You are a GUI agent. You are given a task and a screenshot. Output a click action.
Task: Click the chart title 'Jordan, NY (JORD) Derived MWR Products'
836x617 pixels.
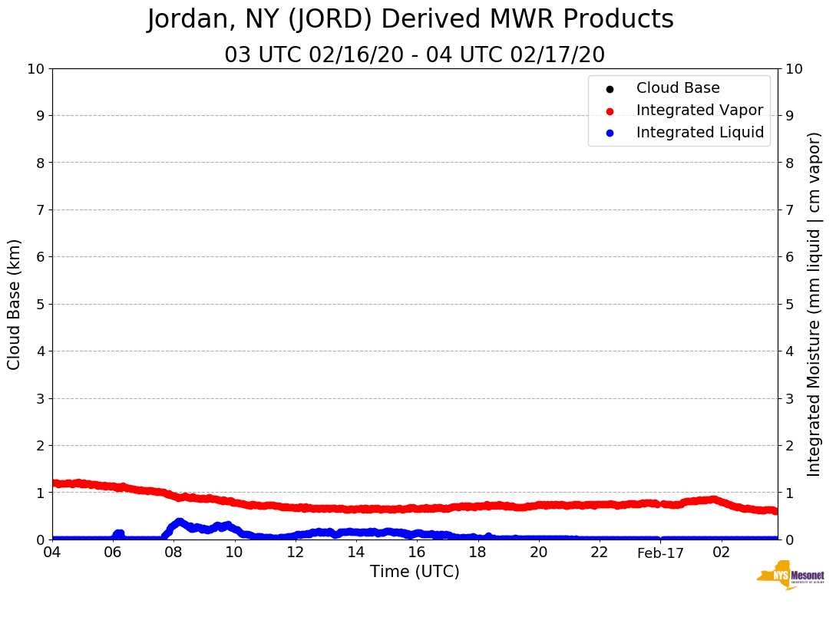pos(411,20)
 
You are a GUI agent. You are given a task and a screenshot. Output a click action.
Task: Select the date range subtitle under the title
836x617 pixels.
pos(415,55)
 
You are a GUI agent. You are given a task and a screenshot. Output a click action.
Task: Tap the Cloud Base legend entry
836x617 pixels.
pos(678,88)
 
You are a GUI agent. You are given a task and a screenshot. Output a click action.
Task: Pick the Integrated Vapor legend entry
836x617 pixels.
pos(699,111)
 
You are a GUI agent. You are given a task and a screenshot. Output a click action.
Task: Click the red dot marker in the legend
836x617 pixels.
pos(610,111)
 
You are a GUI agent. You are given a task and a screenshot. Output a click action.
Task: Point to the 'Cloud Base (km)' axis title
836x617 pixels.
pos(15,304)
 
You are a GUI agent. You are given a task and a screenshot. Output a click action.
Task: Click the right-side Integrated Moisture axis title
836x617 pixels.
pos(815,304)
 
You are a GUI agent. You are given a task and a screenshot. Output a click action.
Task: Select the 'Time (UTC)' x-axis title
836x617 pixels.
pos(415,572)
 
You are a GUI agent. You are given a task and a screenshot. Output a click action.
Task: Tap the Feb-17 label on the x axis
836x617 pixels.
pos(660,553)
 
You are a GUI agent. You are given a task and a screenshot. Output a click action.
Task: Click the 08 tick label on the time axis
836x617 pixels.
pos(173,553)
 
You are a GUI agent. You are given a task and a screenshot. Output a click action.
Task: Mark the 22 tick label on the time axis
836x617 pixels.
pos(600,553)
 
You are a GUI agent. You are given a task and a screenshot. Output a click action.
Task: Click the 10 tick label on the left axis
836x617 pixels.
pos(35,69)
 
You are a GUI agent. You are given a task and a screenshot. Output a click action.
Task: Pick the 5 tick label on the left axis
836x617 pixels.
pos(40,305)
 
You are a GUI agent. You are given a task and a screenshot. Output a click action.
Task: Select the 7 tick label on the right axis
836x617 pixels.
pos(789,210)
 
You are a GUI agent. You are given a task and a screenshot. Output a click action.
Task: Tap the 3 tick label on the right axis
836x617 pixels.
pos(789,398)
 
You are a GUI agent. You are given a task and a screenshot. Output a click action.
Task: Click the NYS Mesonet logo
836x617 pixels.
pos(791,576)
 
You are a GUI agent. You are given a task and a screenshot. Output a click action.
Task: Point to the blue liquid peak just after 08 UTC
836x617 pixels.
pos(180,523)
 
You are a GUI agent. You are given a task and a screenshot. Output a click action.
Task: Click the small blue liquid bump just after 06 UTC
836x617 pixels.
pos(118,533)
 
